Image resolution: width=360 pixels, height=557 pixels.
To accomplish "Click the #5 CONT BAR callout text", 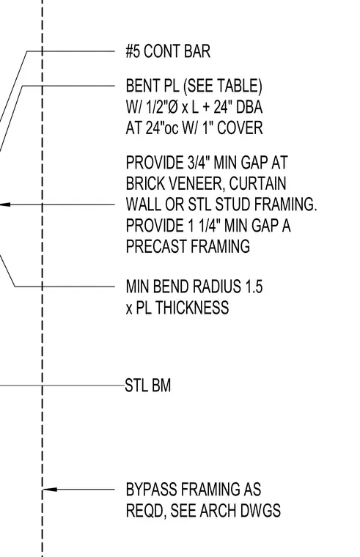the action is coord(168,51).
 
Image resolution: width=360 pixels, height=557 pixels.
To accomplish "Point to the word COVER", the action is coord(240,128).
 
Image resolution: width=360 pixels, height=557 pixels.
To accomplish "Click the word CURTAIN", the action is coord(257,184).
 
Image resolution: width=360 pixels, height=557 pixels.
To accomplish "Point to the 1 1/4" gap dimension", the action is coord(204,226).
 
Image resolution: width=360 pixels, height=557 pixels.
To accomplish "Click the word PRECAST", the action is coord(156,246).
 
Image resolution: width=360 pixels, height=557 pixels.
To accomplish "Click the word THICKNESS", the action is coord(192,308).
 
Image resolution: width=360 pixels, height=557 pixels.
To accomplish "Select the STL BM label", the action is coord(148,386).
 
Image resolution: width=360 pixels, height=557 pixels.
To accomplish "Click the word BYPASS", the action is coord(151,490).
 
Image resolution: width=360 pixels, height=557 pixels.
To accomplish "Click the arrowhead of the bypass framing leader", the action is coord(50,490).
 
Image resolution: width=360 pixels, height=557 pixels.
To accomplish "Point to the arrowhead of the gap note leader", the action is coord(4,204).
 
